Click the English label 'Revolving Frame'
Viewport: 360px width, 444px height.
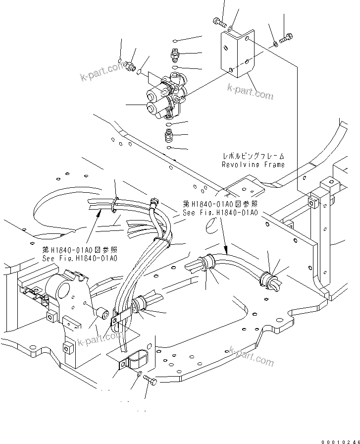(253, 165)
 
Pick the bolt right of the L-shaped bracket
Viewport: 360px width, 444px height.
(287, 37)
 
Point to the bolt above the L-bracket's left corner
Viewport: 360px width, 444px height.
(218, 21)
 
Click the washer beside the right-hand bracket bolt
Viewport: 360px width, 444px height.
(275, 46)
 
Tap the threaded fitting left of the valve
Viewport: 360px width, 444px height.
(131, 65)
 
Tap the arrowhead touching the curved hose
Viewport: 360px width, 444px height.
(226, 249)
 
